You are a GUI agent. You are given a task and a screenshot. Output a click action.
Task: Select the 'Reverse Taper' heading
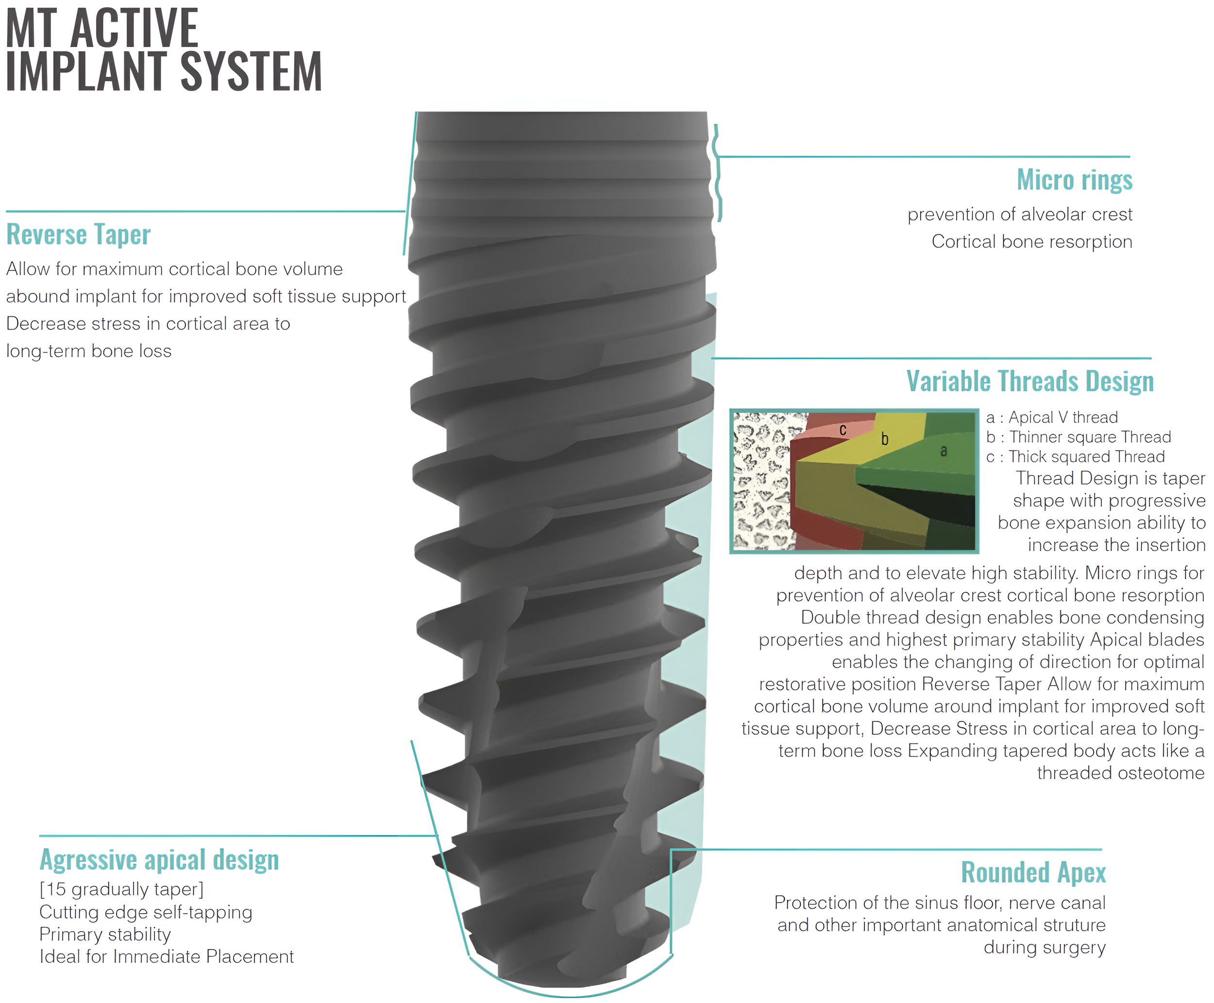pyautogui.click(x=79, y=234)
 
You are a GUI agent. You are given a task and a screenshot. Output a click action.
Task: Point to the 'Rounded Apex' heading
pyautogui.click(x=1033, y=872)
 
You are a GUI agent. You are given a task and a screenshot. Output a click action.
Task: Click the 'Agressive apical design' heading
pyautogui.click(x=159, y=860)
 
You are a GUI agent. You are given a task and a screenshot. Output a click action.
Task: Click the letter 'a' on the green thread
pyautogui.click(x=944, y=451)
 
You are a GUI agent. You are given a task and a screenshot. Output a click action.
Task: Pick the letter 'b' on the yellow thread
pyautogui.click(x=884, y=439)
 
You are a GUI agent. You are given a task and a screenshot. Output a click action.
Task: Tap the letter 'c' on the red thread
pyautogui.click(x=843, y=430)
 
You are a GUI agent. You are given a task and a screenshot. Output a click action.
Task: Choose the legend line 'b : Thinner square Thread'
pyautogui.click(x=1078, y=437)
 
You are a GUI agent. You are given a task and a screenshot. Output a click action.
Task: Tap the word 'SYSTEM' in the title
pyautogui.click(x=251, y=72)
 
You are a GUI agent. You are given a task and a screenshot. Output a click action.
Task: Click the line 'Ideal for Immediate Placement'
pyautogui.click(x=167, y=957)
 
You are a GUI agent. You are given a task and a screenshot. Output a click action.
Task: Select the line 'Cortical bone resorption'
pyautogui.click(x=1031, y=241)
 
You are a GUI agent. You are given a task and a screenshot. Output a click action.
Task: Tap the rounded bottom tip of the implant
pyautogui.click(x=569, y=976)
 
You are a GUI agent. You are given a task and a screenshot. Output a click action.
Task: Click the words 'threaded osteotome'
pyautogui.click(x=1120, y=773)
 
